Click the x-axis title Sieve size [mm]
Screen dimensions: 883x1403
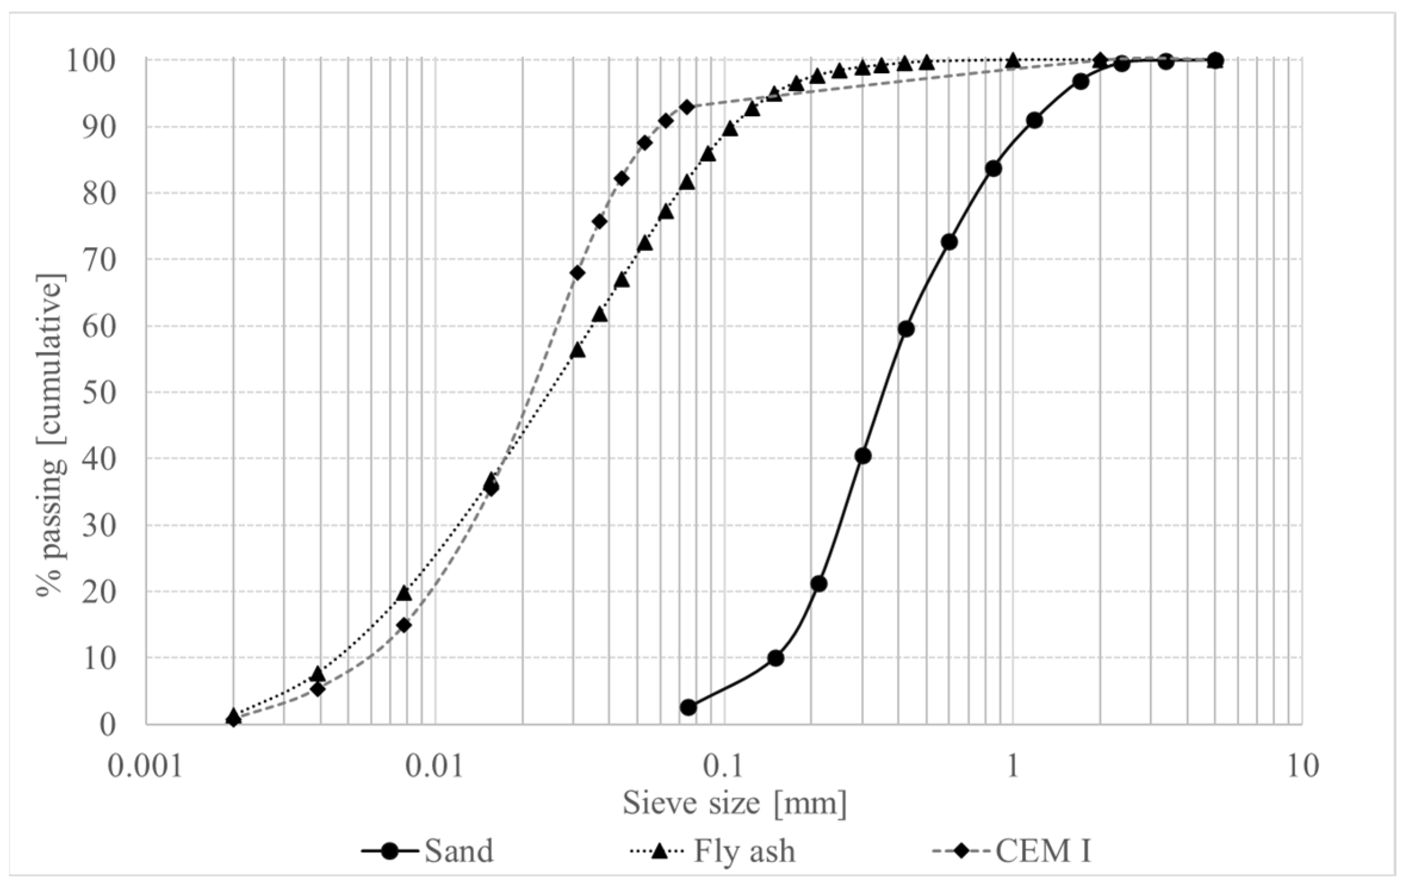734,803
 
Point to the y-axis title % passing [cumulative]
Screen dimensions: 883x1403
50,434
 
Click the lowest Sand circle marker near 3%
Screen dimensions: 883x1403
688,707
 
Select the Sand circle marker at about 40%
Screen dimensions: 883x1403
863,456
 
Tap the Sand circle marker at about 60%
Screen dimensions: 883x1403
906,329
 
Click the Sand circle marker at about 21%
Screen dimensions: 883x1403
819,584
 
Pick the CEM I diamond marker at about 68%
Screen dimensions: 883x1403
577,273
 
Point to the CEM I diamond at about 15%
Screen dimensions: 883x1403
404,625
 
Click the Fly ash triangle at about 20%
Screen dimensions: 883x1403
404,593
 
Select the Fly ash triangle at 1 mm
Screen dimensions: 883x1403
1013,61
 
